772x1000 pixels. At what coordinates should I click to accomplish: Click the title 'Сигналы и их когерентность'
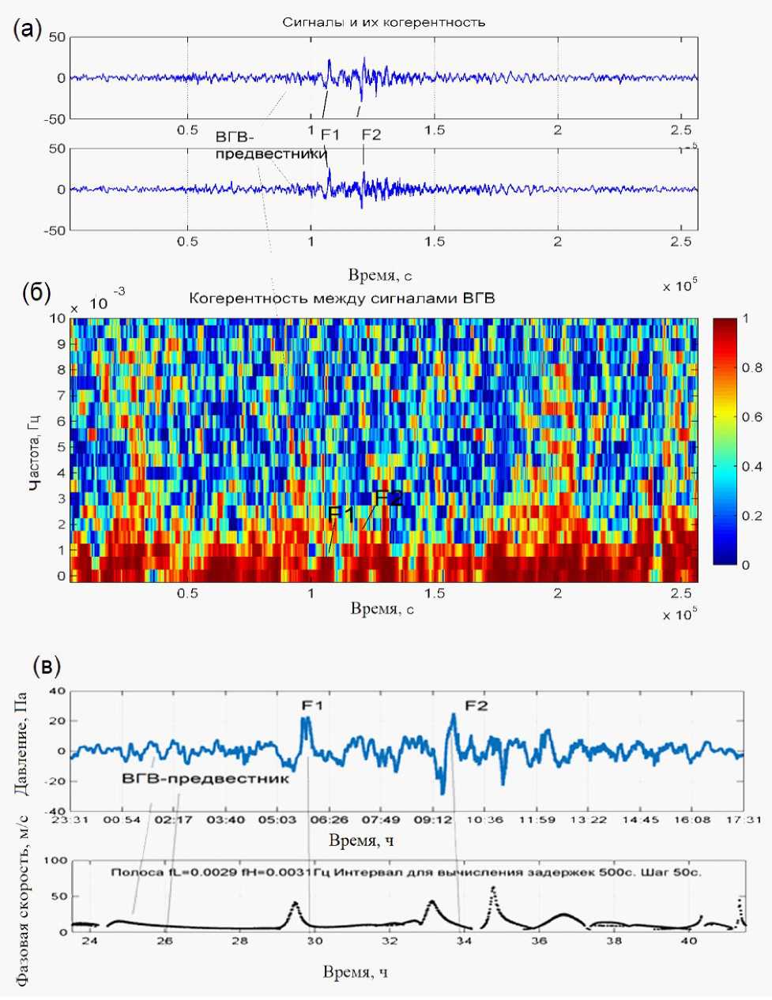click(x=383, y=22)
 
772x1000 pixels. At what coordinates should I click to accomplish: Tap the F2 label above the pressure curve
click(x=476, y=705)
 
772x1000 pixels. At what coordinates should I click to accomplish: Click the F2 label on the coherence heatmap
click(x=389, y=498)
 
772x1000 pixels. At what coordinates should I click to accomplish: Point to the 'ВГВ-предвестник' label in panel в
click(x=205, y=778)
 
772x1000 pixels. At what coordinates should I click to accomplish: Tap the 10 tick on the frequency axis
click(x=58, y=319)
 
